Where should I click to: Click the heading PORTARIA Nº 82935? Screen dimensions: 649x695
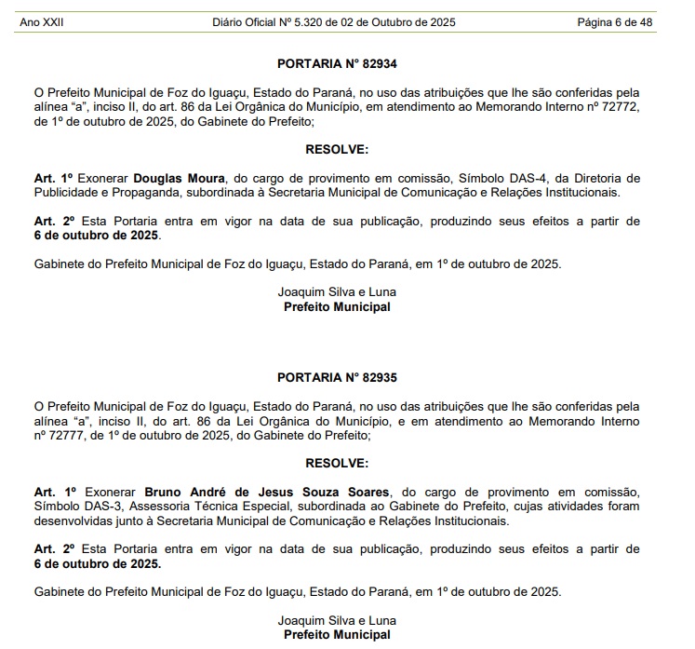337,378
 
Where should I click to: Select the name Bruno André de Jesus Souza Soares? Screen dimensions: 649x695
266,491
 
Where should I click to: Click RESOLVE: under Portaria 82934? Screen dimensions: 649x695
337,149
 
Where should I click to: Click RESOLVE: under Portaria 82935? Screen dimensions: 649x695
337,463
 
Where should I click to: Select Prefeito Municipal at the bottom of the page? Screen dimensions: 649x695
337,635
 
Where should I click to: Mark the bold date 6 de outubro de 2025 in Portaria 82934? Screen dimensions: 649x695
97,236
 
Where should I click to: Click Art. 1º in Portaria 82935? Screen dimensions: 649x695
53,491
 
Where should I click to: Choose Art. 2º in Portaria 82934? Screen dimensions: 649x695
53,221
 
